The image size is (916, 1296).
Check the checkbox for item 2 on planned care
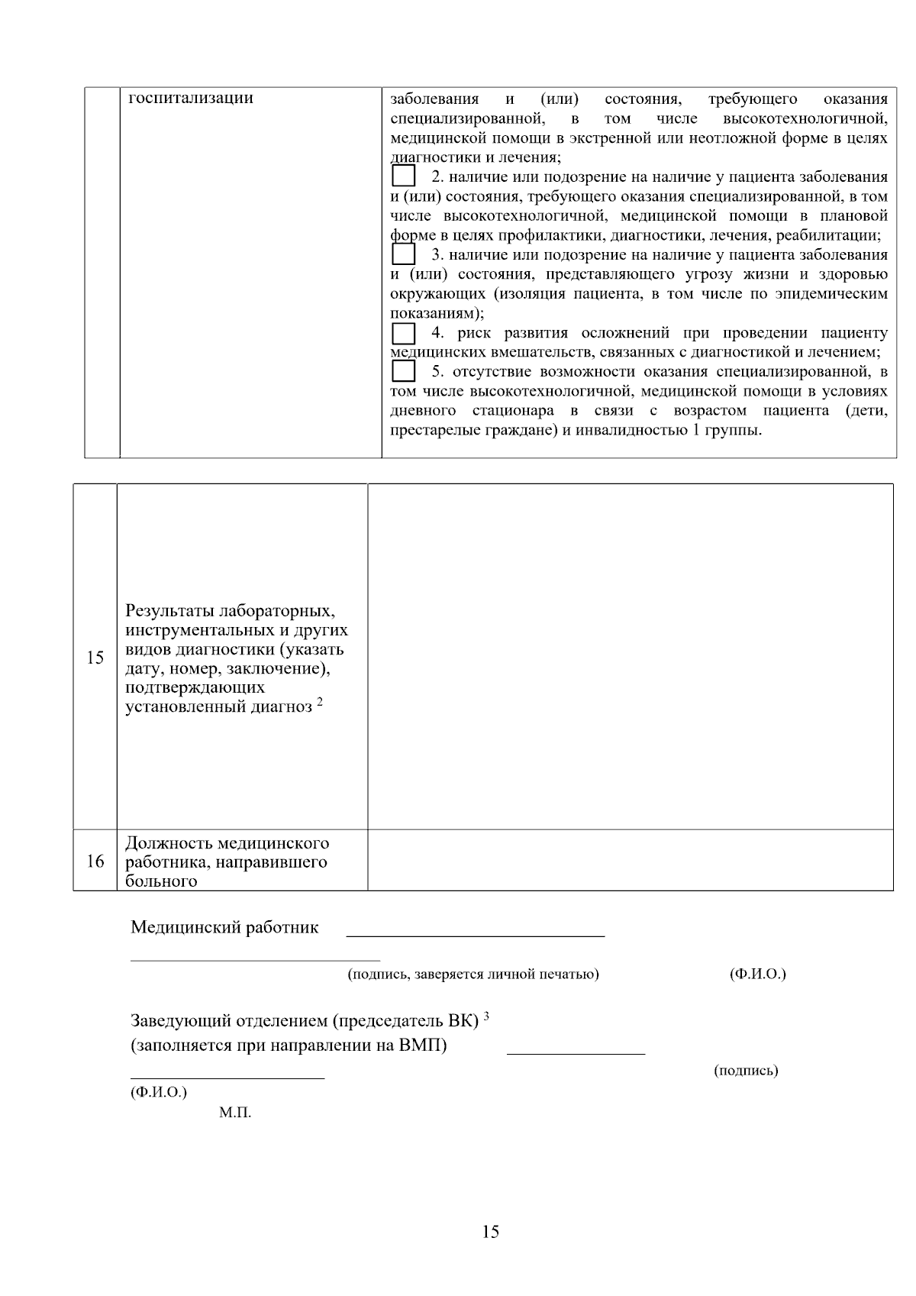coord(403,177)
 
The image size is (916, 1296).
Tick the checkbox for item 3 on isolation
coord(403,254)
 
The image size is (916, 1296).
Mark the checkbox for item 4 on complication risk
coord(403,333)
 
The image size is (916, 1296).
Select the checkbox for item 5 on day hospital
coord(403,372)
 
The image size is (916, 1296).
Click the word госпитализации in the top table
coord(191,99)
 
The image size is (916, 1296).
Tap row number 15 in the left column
coord(95,658)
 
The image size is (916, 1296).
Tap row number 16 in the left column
coord(95,861)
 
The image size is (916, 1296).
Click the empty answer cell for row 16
coord(630,860)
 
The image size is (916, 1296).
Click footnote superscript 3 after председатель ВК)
coord(486,1015)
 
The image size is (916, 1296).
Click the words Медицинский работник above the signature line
coord(224,928)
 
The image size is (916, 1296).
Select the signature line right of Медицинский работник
coord(476,935)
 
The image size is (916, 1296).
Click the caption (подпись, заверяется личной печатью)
coord(473,974)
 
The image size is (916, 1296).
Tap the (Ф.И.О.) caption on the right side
coord(758,974)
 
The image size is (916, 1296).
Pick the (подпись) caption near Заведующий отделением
coord(746,1071)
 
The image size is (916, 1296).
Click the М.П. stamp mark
coord(235,1113)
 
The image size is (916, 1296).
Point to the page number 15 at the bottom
coord(491,1231)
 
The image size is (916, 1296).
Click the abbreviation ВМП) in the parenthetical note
coord(423,1046)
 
